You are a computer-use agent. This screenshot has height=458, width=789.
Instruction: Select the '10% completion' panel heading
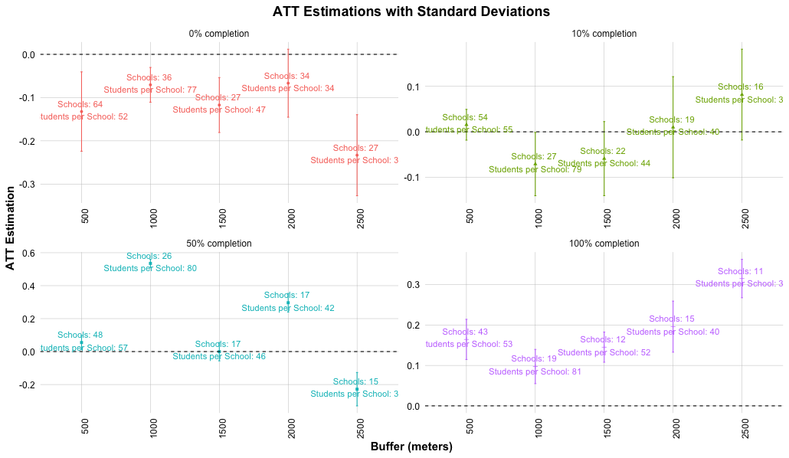click(x=604, y=34)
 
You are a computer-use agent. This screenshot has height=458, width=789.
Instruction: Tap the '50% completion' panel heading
click(x=219, y=244)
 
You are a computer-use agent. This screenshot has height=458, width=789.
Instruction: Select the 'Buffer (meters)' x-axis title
click(x=411, y=447)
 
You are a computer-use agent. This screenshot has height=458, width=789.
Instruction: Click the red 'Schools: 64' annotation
click(x=80, y=104)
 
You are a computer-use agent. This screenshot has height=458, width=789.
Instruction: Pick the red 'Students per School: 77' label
click(x=150, y=90)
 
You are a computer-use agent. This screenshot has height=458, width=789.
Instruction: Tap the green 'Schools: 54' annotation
click(x=465, y=118)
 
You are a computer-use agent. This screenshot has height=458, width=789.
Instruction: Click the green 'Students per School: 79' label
click(x=535, y=169)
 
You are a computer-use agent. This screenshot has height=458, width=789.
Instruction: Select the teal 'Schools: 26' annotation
click(x=149, y=257)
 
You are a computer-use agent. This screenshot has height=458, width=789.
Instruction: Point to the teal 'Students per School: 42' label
click(x=288, y=309)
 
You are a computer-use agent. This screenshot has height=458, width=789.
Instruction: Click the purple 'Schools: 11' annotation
click(x=741, y=272)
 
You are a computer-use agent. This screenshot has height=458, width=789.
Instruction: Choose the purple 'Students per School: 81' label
click(x=535, y=372)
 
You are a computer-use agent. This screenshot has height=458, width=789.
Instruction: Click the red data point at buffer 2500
click(x=357, y=155)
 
